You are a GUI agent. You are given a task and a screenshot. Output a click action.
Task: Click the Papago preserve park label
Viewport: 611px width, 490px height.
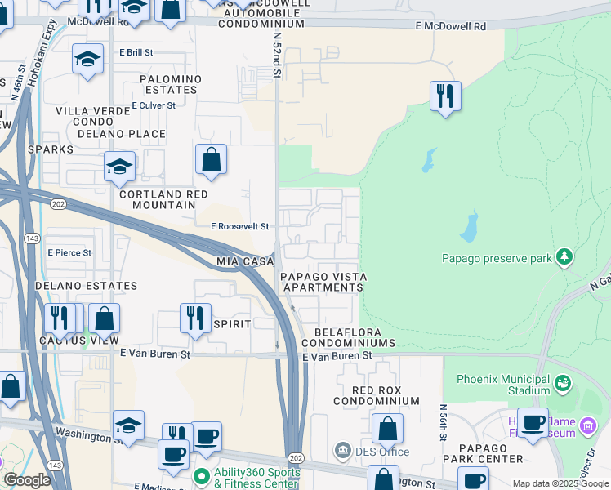[497, 258]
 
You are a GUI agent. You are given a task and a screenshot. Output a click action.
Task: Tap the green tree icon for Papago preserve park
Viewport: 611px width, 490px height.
[564, 257]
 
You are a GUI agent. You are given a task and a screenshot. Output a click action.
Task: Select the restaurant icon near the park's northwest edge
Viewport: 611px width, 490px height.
[445, 96]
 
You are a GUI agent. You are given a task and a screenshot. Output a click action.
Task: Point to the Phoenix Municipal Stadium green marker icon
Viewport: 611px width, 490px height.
[562, 382]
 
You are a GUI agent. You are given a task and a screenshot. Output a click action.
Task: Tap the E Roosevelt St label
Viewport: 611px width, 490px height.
[240, 227]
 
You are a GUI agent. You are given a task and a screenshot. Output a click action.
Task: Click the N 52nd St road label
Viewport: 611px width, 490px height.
[277, 56]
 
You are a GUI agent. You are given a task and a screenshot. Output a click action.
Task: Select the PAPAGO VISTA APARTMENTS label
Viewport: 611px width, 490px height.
[323, 283]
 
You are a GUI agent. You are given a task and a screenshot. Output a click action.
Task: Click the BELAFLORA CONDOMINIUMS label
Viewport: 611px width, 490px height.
[355, 337]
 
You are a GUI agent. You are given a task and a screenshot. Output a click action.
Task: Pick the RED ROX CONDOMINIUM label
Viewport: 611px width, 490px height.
[376, 395]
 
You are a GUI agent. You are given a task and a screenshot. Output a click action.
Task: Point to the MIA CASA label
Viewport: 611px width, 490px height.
[244, 261]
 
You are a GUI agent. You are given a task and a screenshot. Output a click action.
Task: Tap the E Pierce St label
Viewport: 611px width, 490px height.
[69, 253]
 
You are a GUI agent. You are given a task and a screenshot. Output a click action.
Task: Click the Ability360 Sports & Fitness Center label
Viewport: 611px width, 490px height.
[256, 479]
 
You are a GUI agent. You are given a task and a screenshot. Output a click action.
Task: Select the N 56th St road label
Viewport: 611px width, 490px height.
[444, 419]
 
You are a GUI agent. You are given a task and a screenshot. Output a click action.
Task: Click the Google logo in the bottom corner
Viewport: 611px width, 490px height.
[27, 480]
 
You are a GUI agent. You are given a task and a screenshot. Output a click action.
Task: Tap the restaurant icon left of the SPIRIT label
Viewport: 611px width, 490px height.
[195, 318]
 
